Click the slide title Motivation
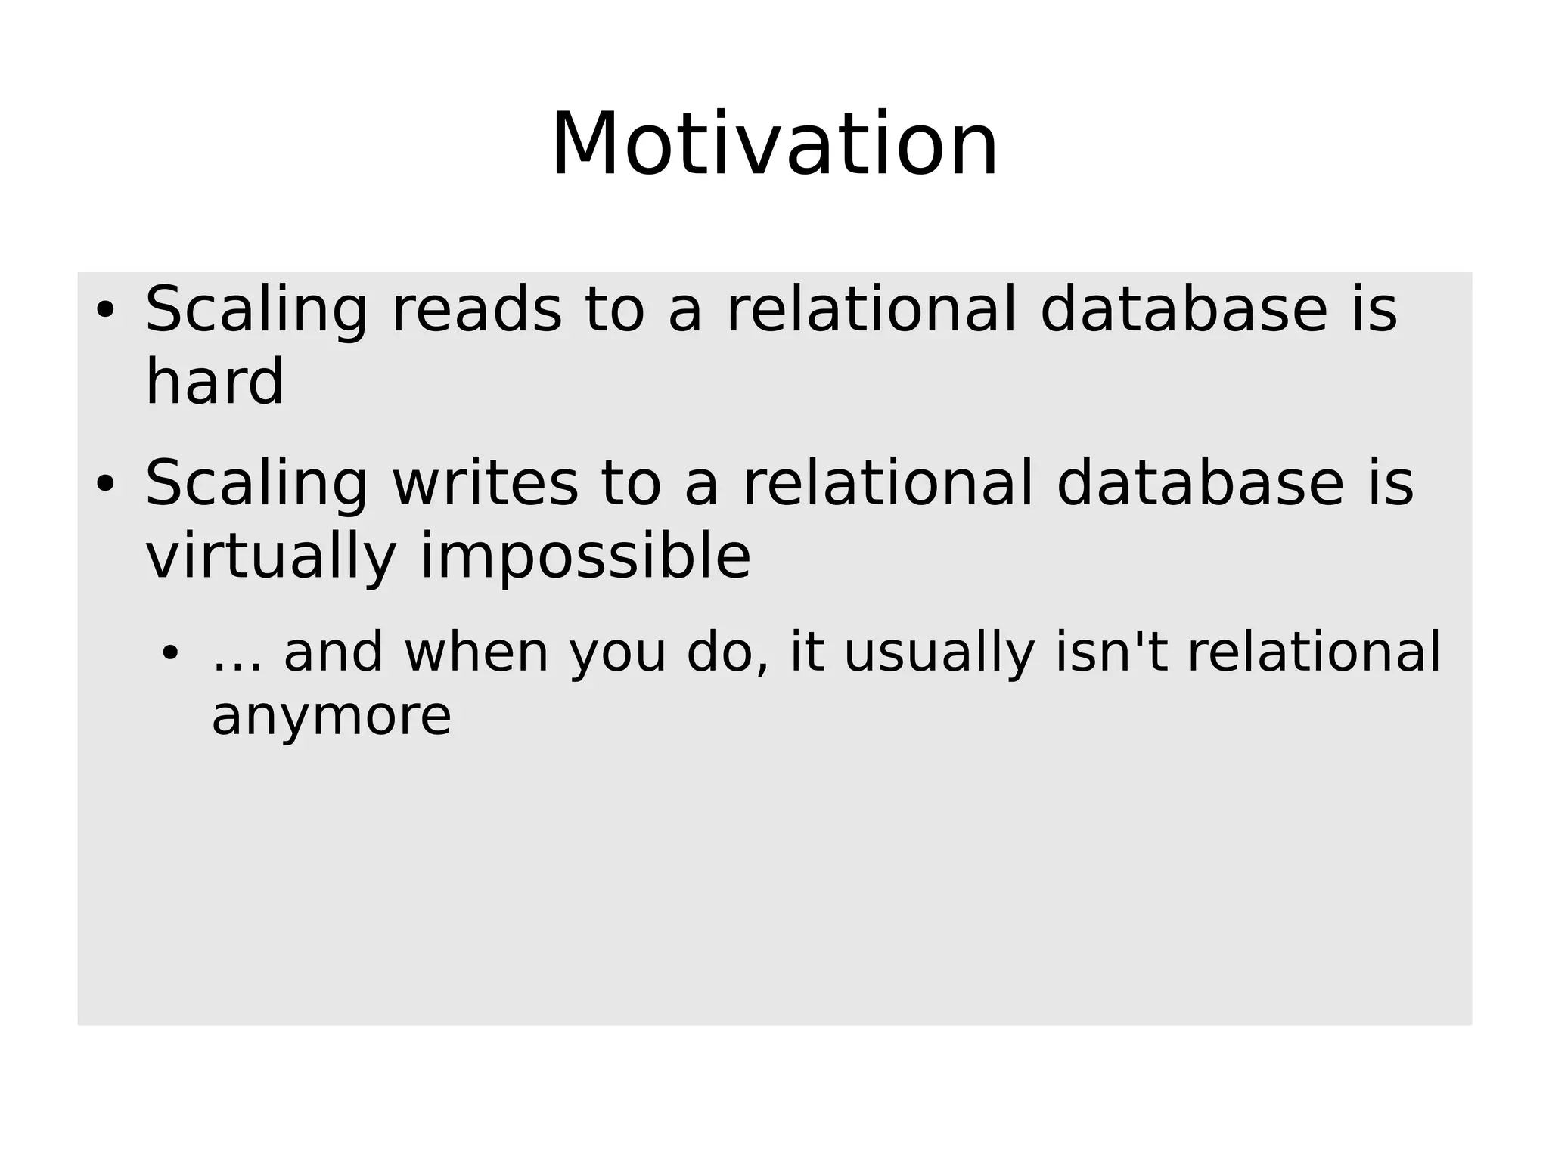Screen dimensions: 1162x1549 774,144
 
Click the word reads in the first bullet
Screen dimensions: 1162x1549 476,309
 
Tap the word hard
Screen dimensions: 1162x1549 214,382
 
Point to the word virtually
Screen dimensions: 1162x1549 271,557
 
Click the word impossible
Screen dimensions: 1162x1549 585,557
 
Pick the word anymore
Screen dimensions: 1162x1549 331,716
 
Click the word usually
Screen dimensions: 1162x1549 939,654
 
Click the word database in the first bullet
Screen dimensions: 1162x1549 1184,309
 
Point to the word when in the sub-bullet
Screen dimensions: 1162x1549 476,652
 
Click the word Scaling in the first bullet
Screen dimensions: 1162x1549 256,311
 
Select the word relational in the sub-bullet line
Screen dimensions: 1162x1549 1314,652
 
